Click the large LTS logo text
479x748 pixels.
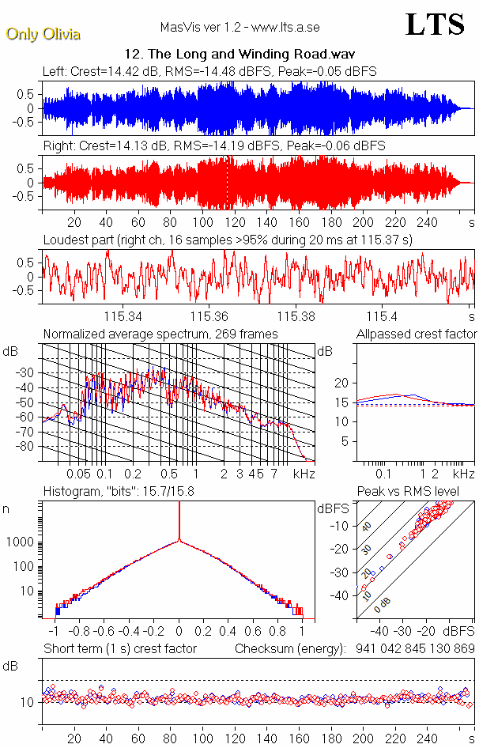click(435, 25)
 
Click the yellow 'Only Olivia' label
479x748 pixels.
click(43, 34)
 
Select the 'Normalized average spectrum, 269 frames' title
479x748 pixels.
click(160, 334)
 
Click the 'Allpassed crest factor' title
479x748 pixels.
click(417, 334)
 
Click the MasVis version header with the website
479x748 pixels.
click(239, 28)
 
